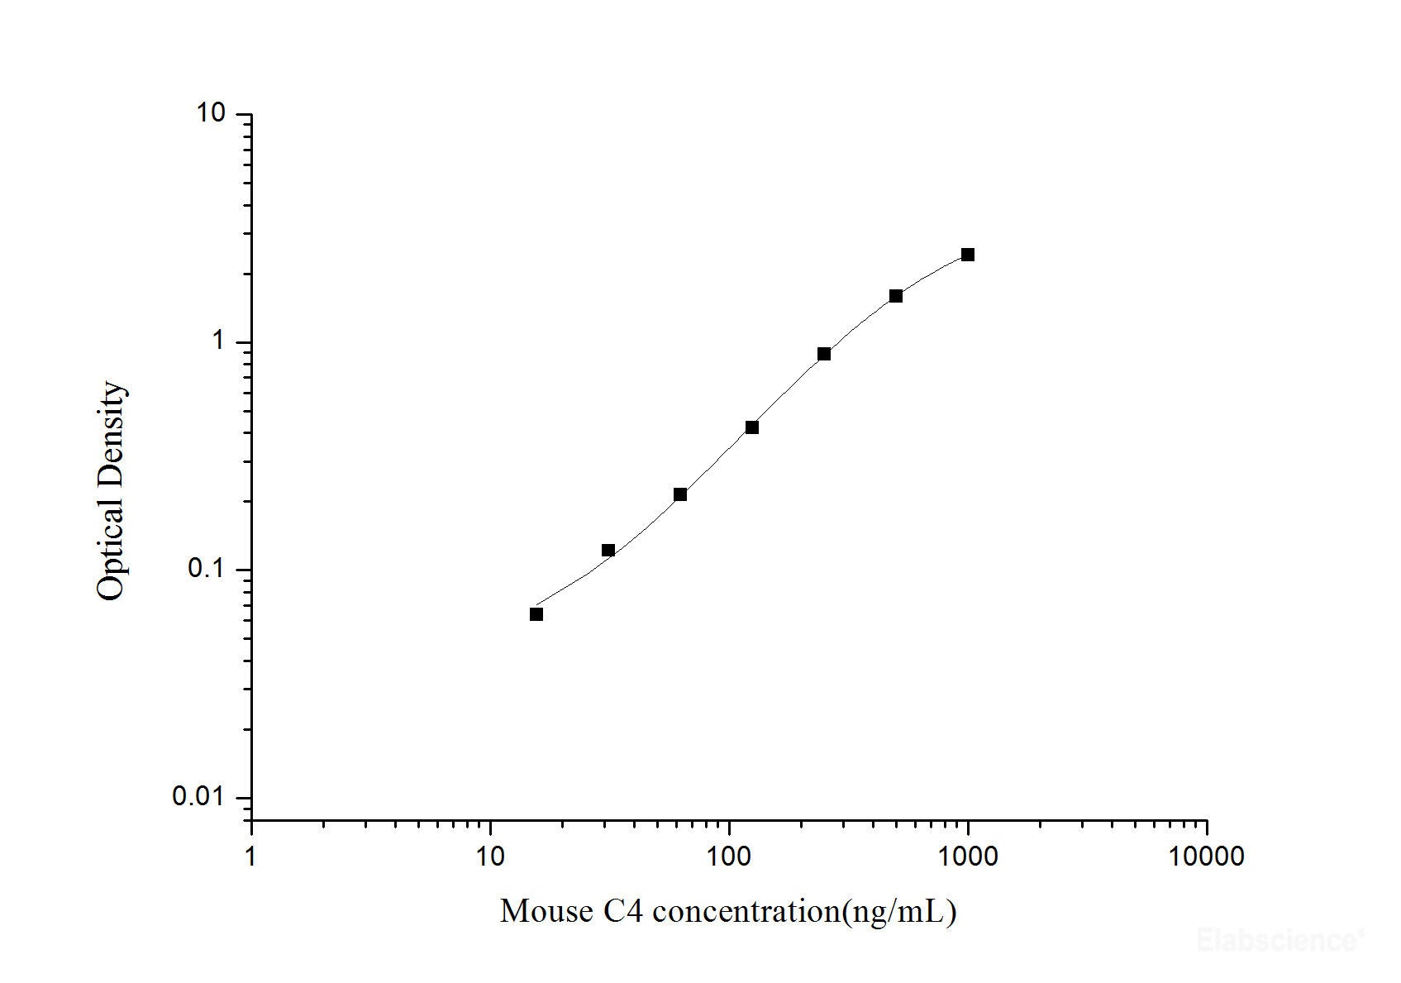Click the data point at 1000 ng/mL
click(967, 255)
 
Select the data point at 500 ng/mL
click(896, 296)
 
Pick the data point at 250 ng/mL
click(824, 354)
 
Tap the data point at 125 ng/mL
click(752, 427)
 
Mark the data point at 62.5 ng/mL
click(680, 494)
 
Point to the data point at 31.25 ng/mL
click(608, 551)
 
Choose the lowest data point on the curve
click(536, 614)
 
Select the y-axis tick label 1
click(219, 341)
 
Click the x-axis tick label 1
click(251, 857)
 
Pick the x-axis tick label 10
click(490, 857)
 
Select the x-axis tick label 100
click(729, 857)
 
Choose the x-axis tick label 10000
click(1207, 857)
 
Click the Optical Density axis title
click(112, 491)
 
